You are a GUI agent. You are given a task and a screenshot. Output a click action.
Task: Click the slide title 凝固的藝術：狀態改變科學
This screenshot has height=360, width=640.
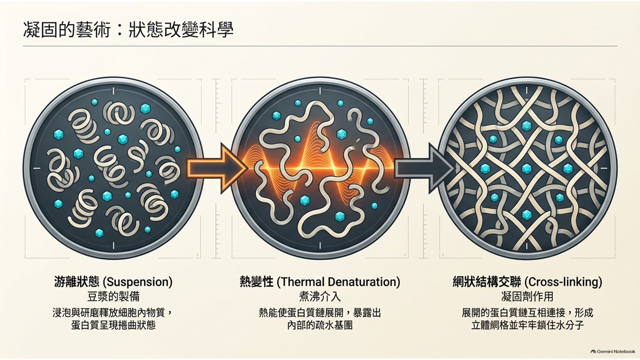click(x=128, y=30)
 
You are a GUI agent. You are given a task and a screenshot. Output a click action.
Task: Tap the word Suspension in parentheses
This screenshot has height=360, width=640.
click(x=137, y=282)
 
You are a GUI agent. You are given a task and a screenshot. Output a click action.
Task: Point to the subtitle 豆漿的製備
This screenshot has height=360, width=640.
click(x=113, y=297)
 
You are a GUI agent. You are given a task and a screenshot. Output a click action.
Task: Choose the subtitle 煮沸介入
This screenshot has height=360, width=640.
click(x=320, y=297)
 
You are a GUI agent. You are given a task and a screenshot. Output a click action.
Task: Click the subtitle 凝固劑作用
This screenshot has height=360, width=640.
click(x=527, y=297)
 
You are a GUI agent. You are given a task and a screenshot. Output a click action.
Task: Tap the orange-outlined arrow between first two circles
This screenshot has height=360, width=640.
click(x=217, y=168)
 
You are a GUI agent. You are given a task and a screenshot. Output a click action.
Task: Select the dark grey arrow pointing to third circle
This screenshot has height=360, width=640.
click(x=424, y=168)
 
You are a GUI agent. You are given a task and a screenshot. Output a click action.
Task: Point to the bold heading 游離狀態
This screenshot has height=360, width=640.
click(x=77, y=282)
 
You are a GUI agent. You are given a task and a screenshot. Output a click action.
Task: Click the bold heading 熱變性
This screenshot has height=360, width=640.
click(x=257, y=282)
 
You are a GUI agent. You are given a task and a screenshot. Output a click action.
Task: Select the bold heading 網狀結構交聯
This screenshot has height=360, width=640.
click(x=487, y=282)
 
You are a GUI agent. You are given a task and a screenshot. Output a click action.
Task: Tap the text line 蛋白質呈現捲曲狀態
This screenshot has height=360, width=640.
click(x=113, y=325)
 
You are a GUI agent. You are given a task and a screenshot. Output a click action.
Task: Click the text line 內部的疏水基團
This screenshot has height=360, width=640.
click(x=320, y=325)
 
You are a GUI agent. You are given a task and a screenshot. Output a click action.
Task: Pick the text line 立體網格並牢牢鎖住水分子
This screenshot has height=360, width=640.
click(x=527, y=325)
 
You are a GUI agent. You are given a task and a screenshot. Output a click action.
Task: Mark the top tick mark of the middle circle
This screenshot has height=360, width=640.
click(x=320, y=91)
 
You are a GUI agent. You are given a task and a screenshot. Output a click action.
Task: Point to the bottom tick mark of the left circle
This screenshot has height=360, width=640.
click(x=113, y=245)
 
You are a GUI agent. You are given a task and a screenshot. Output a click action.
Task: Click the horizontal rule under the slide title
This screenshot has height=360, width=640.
click(x=320, y=46)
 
